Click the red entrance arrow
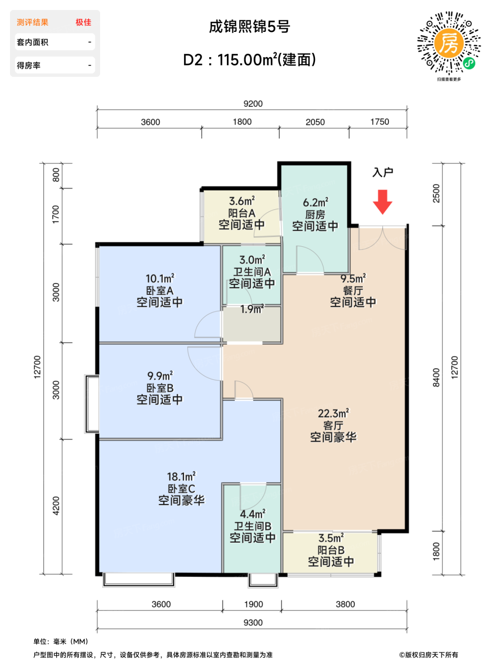coord(382,202)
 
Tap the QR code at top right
coord(448,43)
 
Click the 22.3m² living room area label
coord(333,413)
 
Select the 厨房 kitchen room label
coord(315,214)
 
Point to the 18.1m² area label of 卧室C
coord(182,476)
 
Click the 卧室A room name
coord(160,291)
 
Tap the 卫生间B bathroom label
coord(253,526)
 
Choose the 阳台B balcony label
coord(331,550)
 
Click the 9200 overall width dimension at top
coord(253,103)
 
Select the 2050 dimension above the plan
coord(315,122)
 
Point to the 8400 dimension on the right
coord(436,377)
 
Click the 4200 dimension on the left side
coord(56,506)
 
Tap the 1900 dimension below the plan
coord(254,604)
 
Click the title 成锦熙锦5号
coord(249,26)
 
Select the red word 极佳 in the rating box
coord(83,22)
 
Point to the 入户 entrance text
coord(383,172)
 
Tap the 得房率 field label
coord(29,65)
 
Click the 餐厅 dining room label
coord(353,291)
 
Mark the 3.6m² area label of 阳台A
coord(242,201)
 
